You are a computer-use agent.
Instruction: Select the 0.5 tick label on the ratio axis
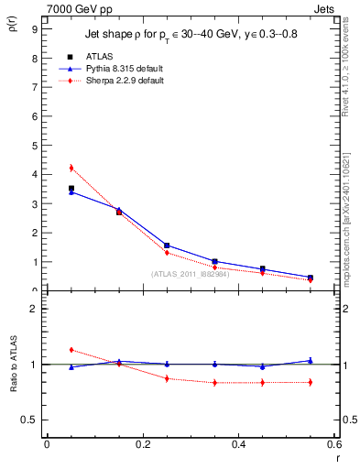pos(29,420)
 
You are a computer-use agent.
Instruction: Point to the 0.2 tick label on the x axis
pos(142,444)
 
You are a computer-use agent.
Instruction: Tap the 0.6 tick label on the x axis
pos(333,444)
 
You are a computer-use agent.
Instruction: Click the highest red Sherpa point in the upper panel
pos(71,168)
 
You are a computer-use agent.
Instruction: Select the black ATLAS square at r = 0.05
pos(71,188)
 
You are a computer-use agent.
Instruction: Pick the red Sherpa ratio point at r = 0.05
pos(71,350)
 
